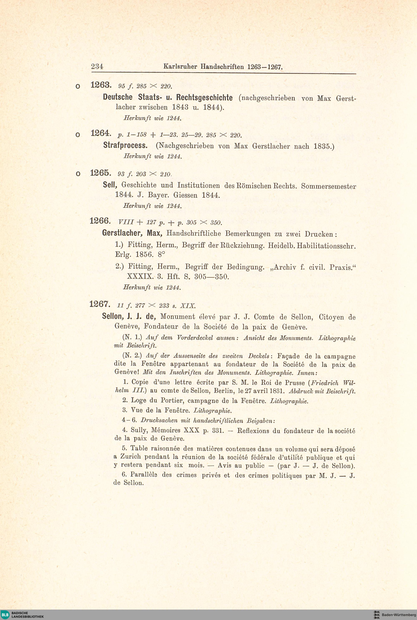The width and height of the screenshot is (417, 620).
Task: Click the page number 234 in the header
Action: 97,66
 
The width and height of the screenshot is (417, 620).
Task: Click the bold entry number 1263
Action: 100,85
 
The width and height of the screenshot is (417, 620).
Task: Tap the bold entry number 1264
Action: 100,133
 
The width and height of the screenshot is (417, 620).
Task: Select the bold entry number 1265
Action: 100,173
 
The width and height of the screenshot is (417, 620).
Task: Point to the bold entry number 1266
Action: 100,221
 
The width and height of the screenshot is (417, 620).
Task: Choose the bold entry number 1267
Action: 99,304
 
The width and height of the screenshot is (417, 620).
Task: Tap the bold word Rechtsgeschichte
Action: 204,98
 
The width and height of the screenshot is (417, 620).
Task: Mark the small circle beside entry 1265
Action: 77,174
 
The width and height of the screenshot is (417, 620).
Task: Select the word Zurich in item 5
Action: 130,457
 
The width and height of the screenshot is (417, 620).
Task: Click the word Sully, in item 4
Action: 139,430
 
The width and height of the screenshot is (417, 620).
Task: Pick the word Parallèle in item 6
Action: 144,475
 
